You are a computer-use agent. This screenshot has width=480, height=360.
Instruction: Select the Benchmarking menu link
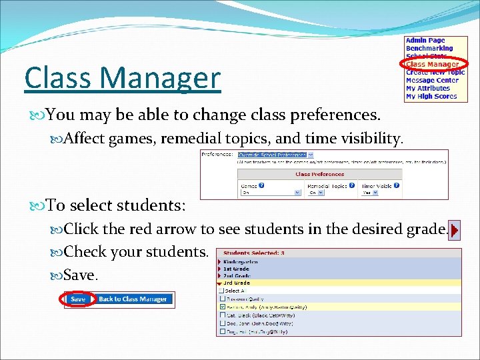429,49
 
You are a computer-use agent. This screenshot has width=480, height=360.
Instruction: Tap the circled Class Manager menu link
432,65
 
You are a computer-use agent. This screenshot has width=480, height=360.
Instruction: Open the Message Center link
432,81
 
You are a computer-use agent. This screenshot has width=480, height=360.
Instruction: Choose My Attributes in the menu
427,89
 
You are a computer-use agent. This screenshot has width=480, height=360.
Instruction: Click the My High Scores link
431,97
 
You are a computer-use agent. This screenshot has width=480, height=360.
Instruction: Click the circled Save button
78,299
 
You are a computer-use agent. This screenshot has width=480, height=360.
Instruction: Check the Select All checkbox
221,291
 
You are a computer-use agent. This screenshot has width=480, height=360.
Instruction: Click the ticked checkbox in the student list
221,307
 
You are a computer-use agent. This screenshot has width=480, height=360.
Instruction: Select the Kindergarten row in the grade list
241,262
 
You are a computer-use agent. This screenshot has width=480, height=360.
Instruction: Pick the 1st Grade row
237,269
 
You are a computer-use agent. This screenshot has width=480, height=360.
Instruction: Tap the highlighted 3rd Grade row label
237,283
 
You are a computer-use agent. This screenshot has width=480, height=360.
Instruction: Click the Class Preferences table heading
319,175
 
